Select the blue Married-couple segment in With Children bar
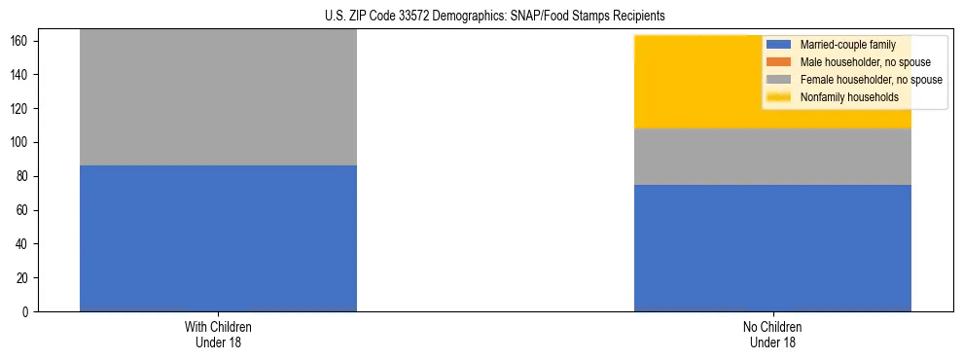[x=218, y=238]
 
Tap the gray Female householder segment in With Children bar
[x=218, y=97]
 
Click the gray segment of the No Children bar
[x=772, y=157]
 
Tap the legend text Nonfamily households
[x=843, y=97]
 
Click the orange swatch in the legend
[x=779, y=62]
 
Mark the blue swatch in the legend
[x=779, y=45]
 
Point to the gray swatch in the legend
[x=779, y=80]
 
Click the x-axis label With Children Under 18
[x=218, y=334]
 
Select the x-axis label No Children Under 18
[x=772, y=334]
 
